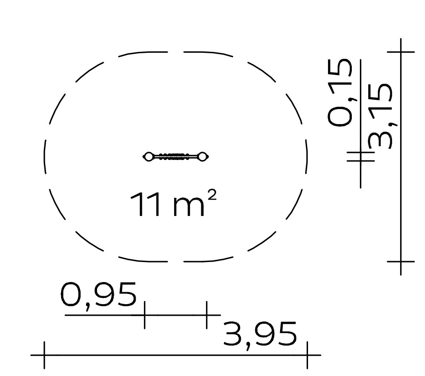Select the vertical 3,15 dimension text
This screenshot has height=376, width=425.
(380, 117)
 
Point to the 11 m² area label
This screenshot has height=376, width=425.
(173, 204)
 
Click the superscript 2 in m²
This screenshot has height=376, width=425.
(212, 195)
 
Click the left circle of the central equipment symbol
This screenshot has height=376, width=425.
(148, 157)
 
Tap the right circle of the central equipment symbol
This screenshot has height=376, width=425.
(202, 157)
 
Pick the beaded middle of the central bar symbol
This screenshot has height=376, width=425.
(174, 157)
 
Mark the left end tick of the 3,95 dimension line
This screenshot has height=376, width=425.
(44, 355)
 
